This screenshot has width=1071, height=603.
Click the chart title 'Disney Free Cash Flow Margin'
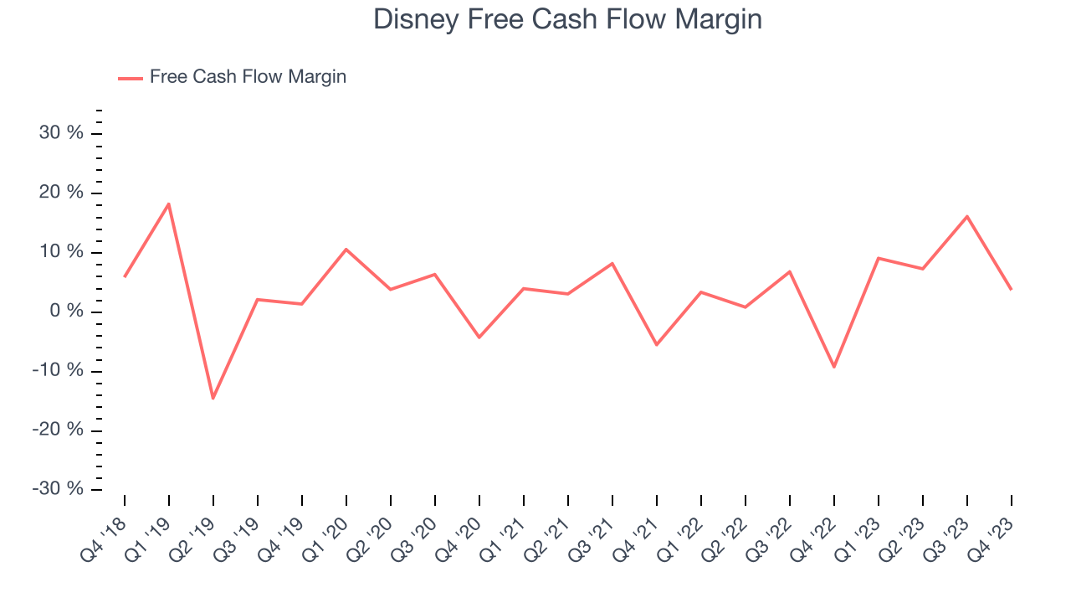point(567,19)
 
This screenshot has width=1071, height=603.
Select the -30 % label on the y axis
point(59,489)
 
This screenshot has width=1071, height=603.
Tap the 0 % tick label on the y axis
point(67,312)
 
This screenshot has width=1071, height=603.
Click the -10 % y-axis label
point(59,371)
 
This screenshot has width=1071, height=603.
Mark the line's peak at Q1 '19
point(169,204)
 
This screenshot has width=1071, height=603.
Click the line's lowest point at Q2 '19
point(213,398)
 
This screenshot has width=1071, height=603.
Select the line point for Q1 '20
point(346,249)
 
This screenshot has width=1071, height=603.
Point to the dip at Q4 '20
point(479,338)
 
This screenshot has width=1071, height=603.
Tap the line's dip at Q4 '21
point(657,345)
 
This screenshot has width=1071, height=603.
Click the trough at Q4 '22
point(834,367)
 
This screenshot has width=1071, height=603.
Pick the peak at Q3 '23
point(967,216)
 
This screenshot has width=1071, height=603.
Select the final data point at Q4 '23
point(1012,289)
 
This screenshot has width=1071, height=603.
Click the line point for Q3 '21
point(612,263)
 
